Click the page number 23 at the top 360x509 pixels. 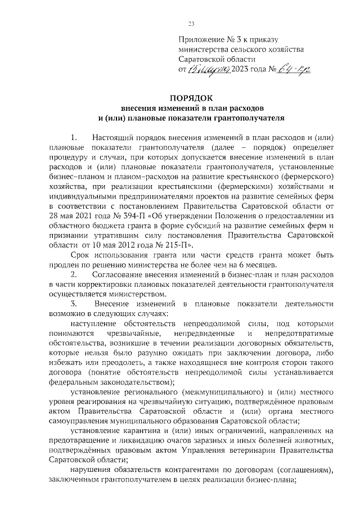(x=191, y=23)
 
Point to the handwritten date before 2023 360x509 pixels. (x=208, y=69)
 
